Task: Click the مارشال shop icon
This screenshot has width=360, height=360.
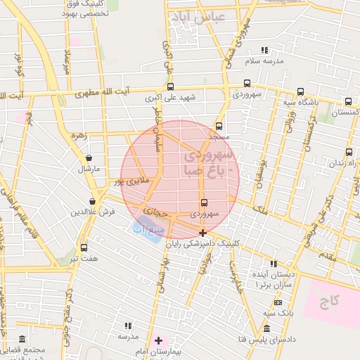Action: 88,158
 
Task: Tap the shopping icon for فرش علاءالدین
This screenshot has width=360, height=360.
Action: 93,202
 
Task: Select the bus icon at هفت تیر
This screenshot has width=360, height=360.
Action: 84,247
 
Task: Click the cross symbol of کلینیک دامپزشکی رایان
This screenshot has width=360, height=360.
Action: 202,233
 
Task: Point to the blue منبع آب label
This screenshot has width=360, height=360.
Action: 148,229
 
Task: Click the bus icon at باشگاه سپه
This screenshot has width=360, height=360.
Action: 300,91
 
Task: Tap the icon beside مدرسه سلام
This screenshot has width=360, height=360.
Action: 264,50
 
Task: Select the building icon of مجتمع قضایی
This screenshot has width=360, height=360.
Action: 22,340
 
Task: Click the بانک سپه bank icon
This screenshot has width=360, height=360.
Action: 278,302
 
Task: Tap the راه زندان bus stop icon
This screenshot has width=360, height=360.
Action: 349,152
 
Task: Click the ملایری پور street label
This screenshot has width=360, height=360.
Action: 132,181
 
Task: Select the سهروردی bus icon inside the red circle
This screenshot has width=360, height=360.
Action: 204,203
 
